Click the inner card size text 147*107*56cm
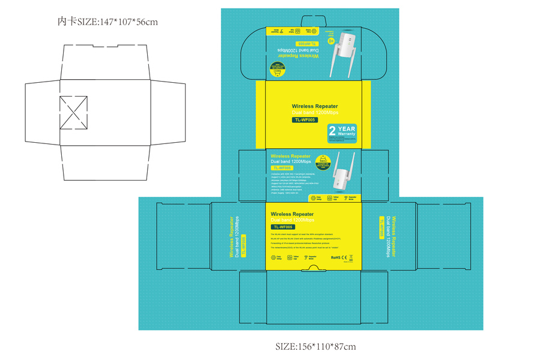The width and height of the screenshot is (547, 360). [x=107, y=22]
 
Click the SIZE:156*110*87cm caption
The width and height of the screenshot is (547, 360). [x=315, y=346]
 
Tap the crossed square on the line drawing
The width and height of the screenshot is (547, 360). [x=73, y=112]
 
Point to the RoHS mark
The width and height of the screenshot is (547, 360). [x=336, y=257]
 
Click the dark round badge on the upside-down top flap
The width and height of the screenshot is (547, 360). [x=277, y=71]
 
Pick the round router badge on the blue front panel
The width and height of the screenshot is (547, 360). [x=324, y=160]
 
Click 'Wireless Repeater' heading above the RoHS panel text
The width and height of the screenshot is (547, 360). [x=292, y=214]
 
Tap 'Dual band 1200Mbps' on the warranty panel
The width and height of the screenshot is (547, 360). [x=315, y=112]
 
